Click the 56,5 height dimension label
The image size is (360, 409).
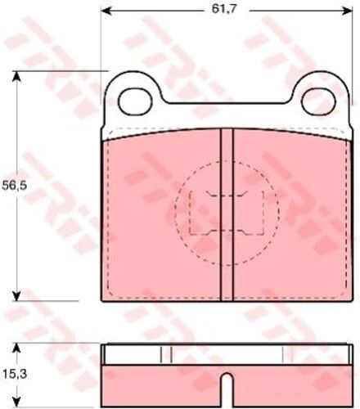point(15,186)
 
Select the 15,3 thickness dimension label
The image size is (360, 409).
point(15,374)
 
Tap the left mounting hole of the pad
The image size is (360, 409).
point(135,101)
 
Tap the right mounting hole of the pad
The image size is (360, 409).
point(318,101)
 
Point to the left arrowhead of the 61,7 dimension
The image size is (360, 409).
point(106,11)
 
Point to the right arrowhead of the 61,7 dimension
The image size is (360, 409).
point(346,11)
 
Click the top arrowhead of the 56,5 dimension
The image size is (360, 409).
point(17,77)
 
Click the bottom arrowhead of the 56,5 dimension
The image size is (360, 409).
point(17,295)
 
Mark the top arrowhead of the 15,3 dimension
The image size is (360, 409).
point(17,348)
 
